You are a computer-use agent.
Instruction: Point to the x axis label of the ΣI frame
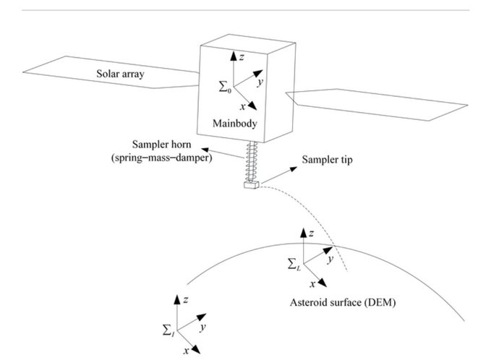(186, 351)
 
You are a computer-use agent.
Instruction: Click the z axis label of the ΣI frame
(187, 299)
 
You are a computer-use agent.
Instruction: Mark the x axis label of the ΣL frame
(312, 285)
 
